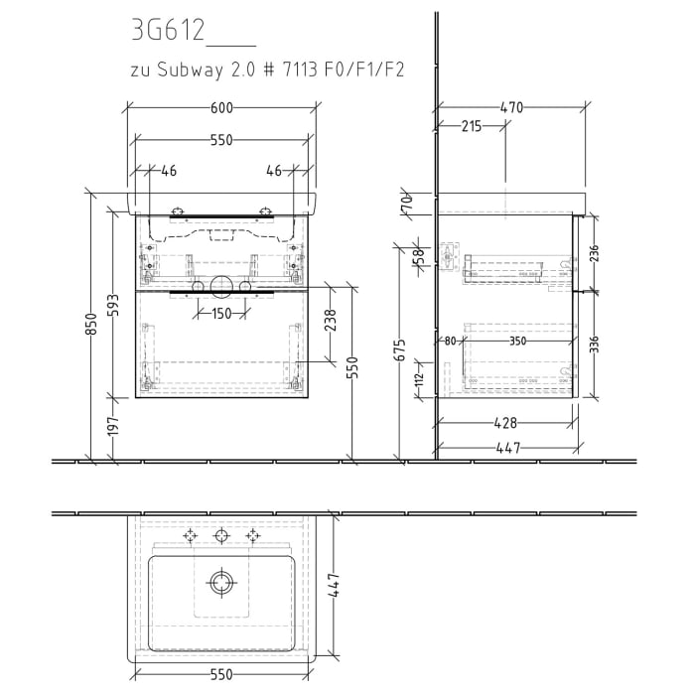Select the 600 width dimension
[x=220, y=108]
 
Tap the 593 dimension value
[x=114, y=303]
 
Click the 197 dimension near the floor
[x=114, y=427]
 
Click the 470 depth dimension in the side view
[x=510, y=108]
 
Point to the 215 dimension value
[x=471, y=126]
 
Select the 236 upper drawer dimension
[x=593, y=254]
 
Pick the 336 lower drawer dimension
[x=593, y=344]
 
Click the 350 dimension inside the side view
[x=517, y=343]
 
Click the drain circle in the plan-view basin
[x=220, y=581]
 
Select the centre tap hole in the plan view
[x=220, y=536]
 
